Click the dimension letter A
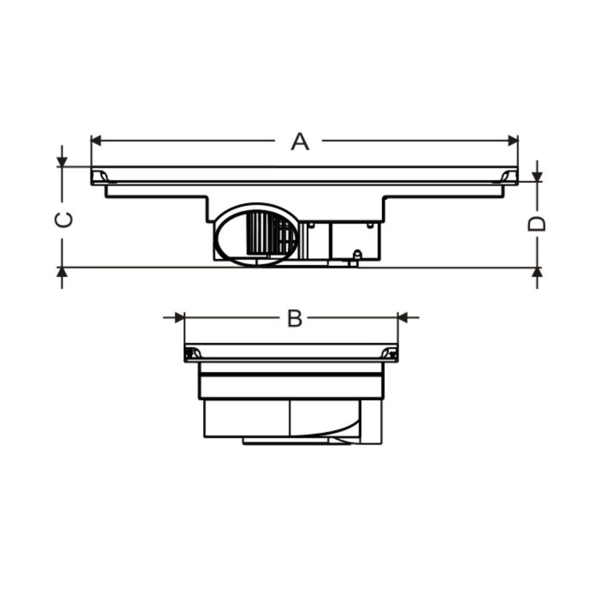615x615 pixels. pos(300,142)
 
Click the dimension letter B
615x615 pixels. pos(294,318)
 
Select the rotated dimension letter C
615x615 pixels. pos(64,220)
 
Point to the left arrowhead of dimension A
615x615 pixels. pos(96,141)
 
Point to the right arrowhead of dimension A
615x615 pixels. pos(513,141)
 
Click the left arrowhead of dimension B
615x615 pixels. pos(179,317)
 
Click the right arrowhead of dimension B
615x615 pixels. pos(403,317)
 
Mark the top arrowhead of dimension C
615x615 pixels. pos(62,162)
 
